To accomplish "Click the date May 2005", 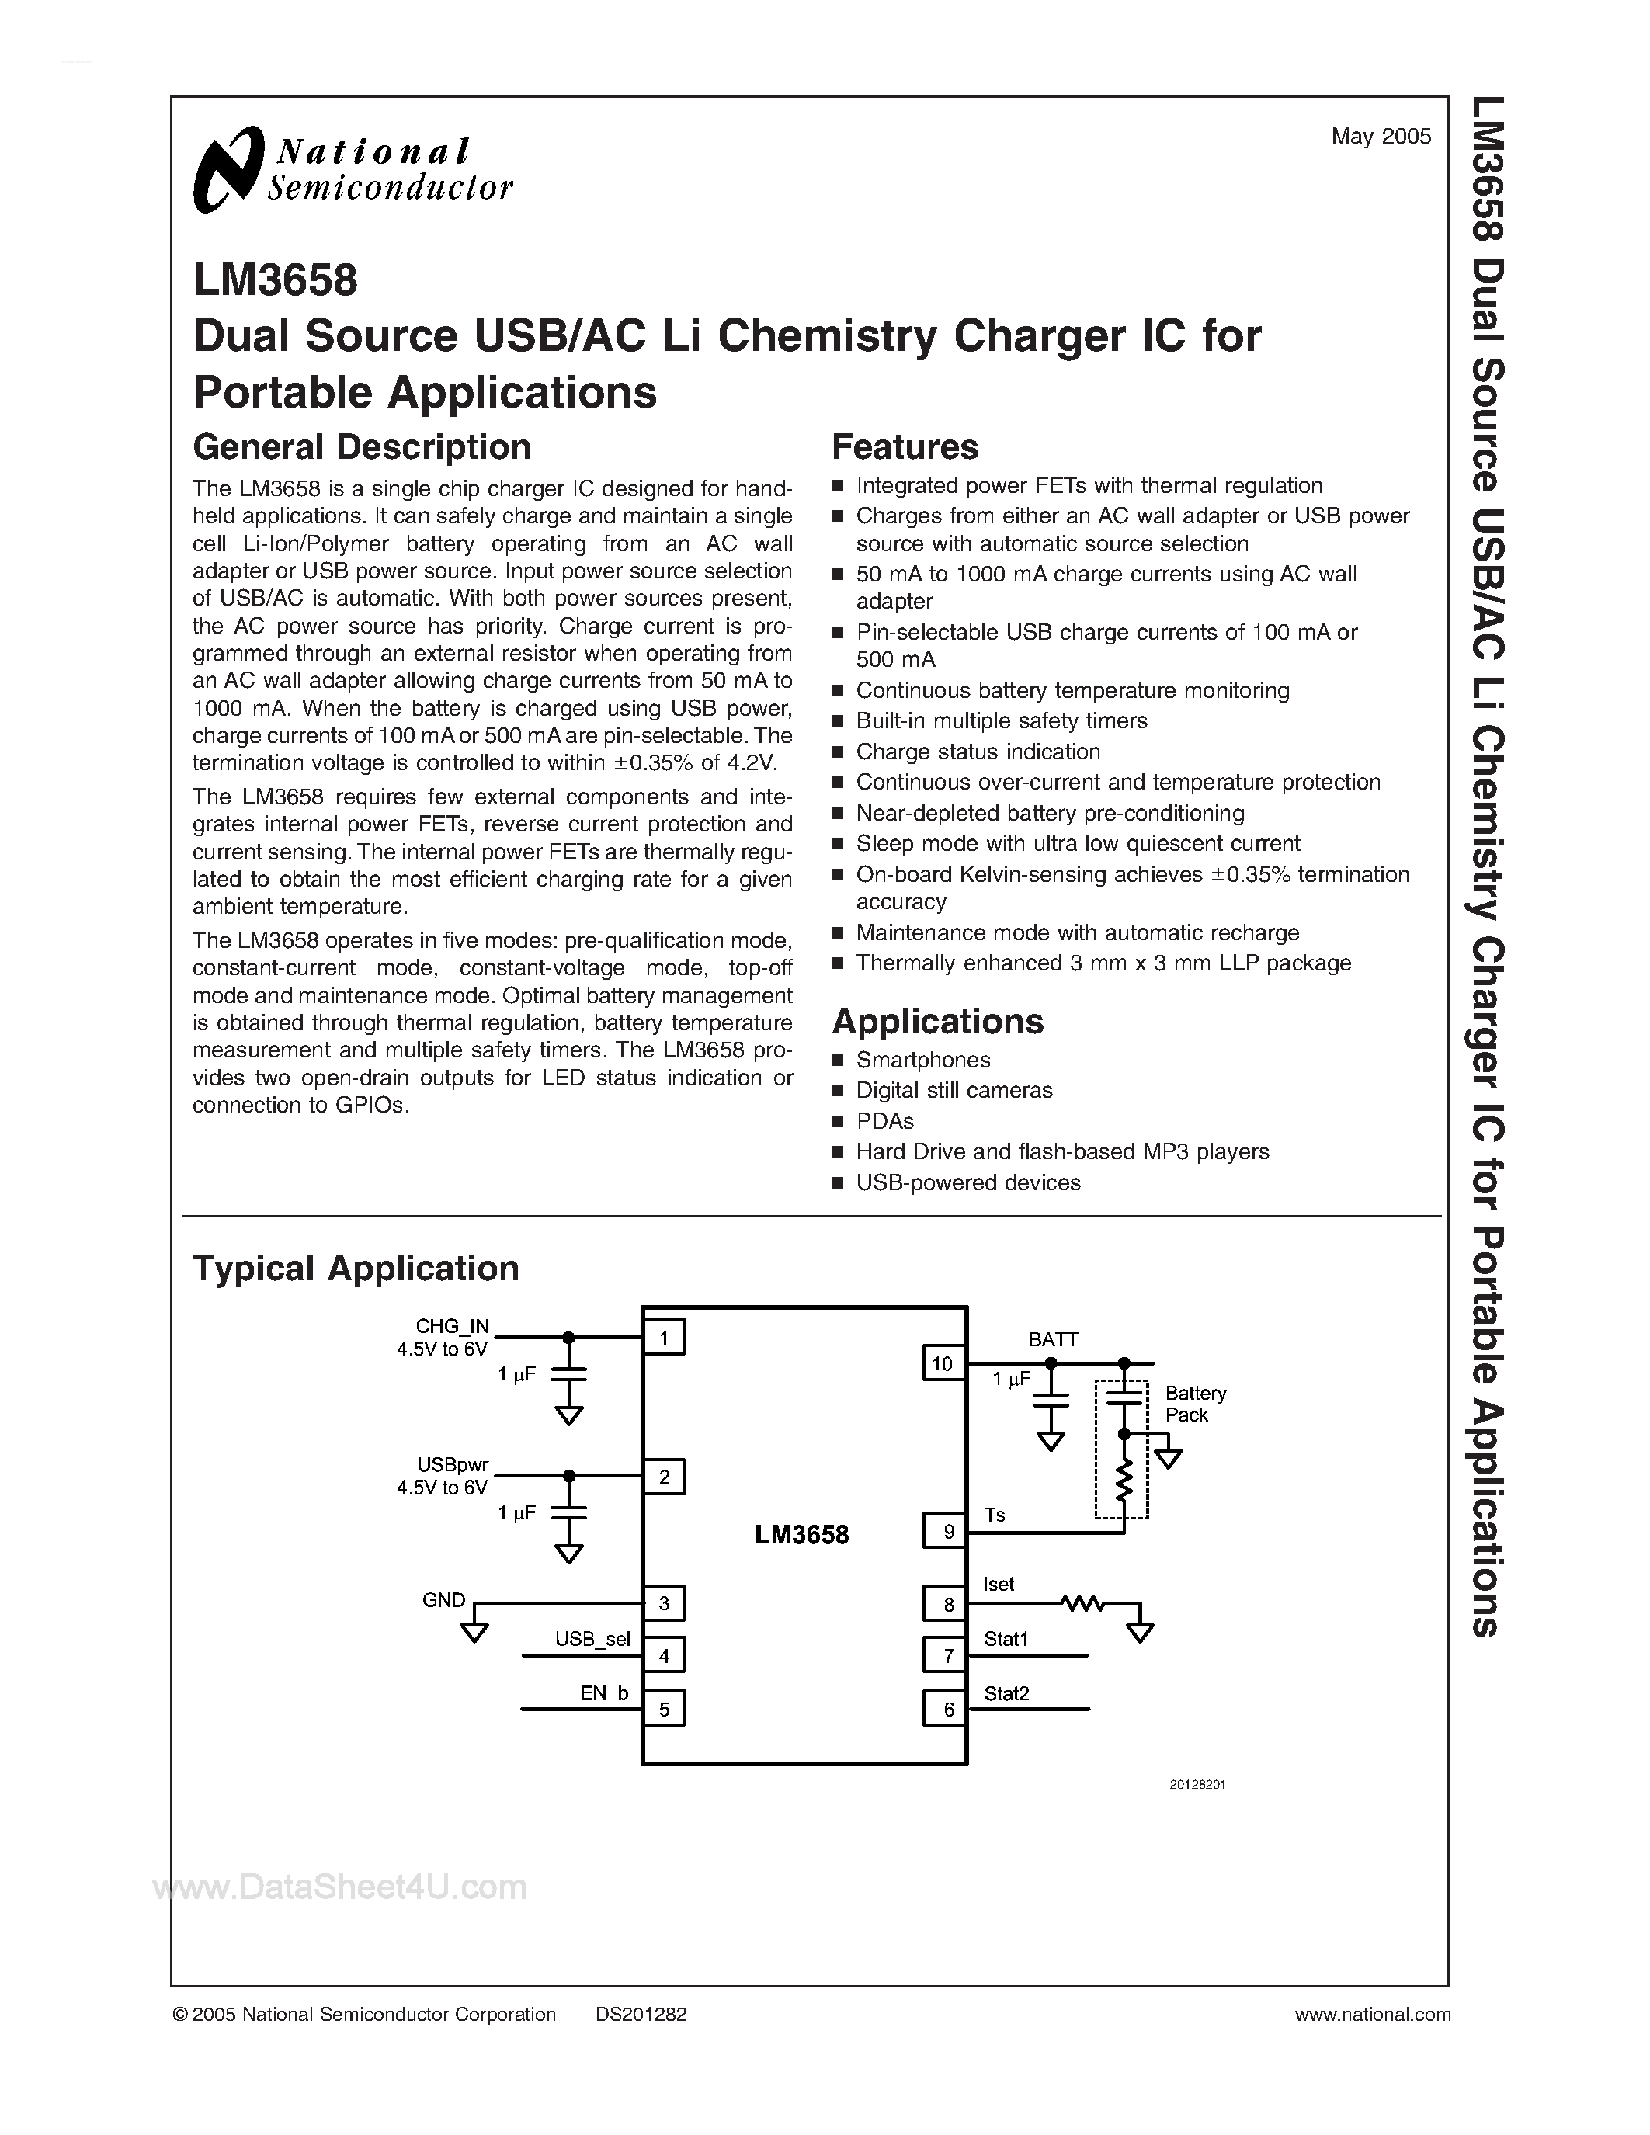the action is tap(1381, 137).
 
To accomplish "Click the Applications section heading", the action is tap(937, 1022).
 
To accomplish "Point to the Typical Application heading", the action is tap(356, 1268).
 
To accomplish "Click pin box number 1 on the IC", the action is tap(664, 1338).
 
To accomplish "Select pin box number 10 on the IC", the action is tap(943, 1364).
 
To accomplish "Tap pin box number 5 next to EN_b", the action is tap(664, 1710).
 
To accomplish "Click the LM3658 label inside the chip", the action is tap(801, 1535).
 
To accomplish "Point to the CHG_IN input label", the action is tap(452, 1327).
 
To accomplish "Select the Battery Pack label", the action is tap(1194, 1404).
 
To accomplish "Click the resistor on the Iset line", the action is tap(1083, 1603).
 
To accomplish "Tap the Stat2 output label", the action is tap(1007, 1694).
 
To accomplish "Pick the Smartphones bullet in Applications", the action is tap(922, 1060).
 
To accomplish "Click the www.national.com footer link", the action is tap(1372, 2015).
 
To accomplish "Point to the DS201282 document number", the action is tap(641, 2015).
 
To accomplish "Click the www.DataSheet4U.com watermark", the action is tap(340, 1887).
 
